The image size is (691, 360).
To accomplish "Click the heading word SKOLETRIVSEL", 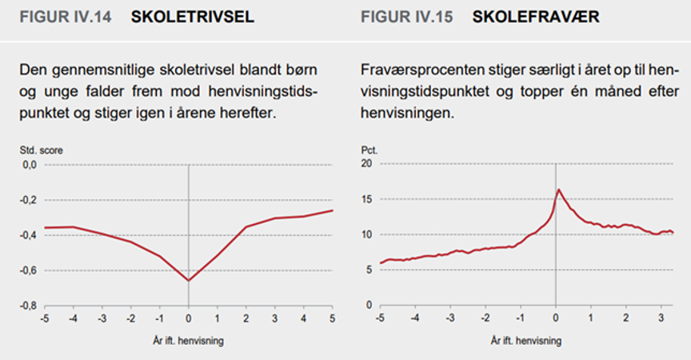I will pyautogui.click(x=193, y=17).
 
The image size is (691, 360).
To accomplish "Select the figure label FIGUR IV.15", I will pyautogui.click(x=408, y=17).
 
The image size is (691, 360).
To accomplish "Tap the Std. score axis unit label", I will pyautogui.click(x=42, y=150).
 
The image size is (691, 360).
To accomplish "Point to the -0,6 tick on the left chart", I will pyautogui.click(x=29, y=270).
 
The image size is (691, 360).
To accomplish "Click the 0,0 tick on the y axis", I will pyautogui.click(x=30, y=164).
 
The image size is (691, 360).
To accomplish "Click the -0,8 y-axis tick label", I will pyautogui.click(x=29, y=306).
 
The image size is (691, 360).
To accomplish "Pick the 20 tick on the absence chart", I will pyautogui.click(x=368, y=164).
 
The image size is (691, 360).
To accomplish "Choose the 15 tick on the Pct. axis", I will pyautogui.click(x=368, y=199).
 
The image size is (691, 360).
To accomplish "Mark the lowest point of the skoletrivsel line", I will pyautogui.click(x=189, y=281).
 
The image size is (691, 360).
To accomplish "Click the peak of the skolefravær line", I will pyautogui.click(x=558, y=190).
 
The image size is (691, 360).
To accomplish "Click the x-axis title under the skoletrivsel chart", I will pyautogui.click(x=188, y=340).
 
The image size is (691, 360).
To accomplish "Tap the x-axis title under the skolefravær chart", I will pyautogui.click(x=528, y=340).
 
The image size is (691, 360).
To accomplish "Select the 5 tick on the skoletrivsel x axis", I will pyautogui.click(x=332, y=319).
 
